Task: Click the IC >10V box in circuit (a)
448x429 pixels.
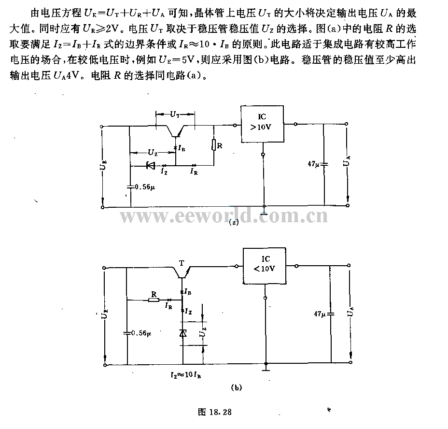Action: pos(262,124)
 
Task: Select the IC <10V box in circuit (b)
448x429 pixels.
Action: pos(264,266)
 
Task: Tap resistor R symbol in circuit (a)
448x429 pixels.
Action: pos(214,145)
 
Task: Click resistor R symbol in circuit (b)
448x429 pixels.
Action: pos(154,300)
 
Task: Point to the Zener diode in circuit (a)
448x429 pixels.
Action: pos(150,165)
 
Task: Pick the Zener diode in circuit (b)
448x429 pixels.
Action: pos(183,333)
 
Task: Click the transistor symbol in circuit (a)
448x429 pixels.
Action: pos(175,131)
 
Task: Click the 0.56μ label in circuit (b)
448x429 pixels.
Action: pos(141,333)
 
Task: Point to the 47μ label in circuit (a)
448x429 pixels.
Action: pos(313,164)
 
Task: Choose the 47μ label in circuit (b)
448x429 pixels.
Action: pos(320,314)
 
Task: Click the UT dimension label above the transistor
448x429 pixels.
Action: pos(175,114)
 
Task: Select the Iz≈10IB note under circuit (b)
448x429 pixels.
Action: pos(186,375)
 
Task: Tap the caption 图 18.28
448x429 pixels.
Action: pos(214,412)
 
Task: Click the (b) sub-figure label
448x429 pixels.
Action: pos(236,388)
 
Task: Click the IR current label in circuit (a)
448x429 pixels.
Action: pos(194,172)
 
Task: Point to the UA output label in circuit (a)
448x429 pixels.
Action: pos(347,161)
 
